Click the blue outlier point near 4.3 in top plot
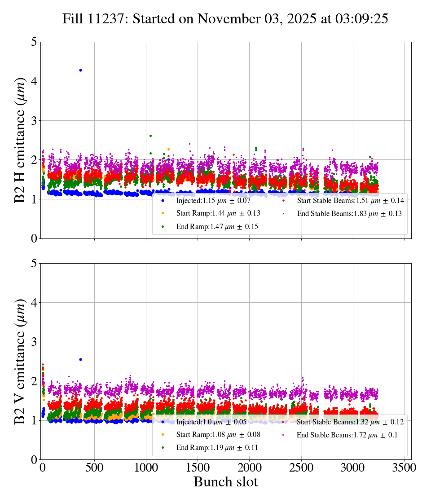click(x=80, y=70)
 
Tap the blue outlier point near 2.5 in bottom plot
click(x=80, y=359)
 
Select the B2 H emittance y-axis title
click(x=20, y=141)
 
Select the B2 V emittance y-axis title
click(x=20, y=362)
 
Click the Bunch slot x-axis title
click(x=226, y=482)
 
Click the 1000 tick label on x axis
click(x=146, y=468)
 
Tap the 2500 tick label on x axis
click(x=301, y=468)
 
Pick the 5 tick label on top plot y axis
click(x=34, y=42)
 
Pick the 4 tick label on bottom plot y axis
click(x=34, y=303)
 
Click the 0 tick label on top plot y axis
click(x=34, y=238)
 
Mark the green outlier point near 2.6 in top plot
click(x=150, y=136)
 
